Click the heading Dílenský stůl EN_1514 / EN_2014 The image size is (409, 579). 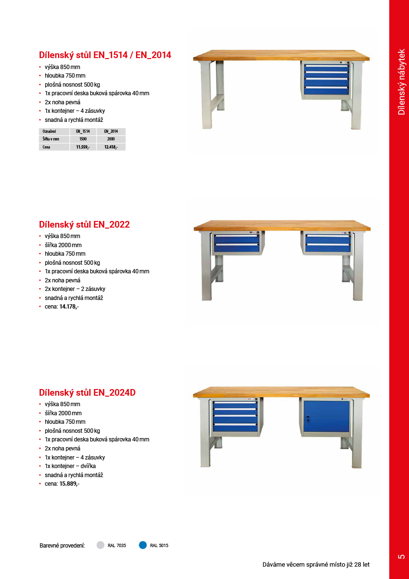pyautogui.click(x=105, y=55)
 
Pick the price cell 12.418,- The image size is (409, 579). pyautogui.click(x=111, y=147)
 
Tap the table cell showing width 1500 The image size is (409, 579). pyautogui.click(x=83, y=139)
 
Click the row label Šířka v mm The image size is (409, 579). pyautogui.click(x=50, y=139)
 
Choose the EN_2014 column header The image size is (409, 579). pyautogui.click(x=111, y=131)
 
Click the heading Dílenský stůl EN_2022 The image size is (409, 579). pyautogui.click(x=84, y=224)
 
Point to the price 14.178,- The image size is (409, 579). pyautogui.click(x=69, y=307)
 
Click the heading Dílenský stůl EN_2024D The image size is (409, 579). pyautogui.click(x=87, y=392)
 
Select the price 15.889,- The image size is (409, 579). pyautogui.click(x=69, y=484)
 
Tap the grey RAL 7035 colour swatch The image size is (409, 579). pyautogui.click(x=100, y=545)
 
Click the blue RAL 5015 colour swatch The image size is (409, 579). pyautogui.click(x=143, y=545)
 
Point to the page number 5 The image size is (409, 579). pyautogui.click(x=401, y=556)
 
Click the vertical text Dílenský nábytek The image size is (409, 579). pyautogui.click(x=401, y=81)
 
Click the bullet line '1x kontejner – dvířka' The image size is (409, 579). pyautogui.click(x=74, y=466)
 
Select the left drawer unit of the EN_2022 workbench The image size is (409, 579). pyautogui.click(x=236, y=243)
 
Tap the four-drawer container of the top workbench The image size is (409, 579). pyautogui.click(x=326, y=79)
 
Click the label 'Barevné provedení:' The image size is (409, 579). pyautogui.click(x=62, y=546)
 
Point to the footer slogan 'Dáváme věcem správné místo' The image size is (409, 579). pyautogui.click(x=316, y=565)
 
